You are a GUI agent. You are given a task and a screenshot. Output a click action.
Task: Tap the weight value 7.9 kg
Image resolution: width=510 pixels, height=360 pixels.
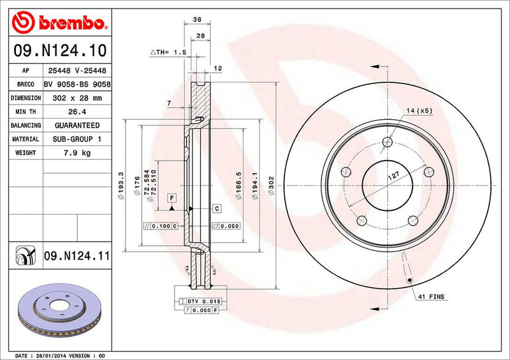point(76,153)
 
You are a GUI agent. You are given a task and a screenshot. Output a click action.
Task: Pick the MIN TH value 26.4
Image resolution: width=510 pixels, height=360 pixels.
point(76,112)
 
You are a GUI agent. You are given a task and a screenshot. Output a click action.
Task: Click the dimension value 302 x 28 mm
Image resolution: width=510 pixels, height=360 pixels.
point(76,98)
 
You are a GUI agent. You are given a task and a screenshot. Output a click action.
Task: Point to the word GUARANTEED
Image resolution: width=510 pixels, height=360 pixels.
point(76,126)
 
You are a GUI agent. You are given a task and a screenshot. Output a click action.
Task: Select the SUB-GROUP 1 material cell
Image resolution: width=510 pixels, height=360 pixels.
point(76,139)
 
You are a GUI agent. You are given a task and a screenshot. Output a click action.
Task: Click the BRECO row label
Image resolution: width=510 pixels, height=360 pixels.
point(26,85)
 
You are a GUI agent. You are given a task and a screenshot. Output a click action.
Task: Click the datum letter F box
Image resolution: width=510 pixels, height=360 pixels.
point(171,198)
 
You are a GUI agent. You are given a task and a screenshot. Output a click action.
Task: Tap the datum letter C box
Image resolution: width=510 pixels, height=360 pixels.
point(217,208)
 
